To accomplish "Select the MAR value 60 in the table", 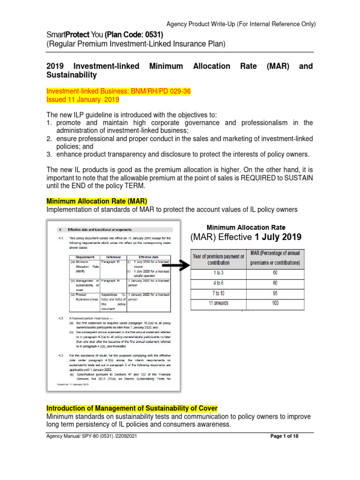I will (275, 272).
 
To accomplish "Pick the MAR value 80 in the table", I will (275, 283).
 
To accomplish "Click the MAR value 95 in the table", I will (275, 293).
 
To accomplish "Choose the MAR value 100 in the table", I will (275, 303).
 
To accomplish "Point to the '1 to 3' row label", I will (219, 272).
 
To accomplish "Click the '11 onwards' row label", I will (219, 303).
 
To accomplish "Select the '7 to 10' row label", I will (219, 293).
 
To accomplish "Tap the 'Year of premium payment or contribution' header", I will (219, 259).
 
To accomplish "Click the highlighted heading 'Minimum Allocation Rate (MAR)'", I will (97, 201).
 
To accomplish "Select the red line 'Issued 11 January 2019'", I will (83, 100).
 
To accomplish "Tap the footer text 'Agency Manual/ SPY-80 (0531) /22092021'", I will (92, 436).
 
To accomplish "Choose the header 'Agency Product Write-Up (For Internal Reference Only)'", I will (241, 24).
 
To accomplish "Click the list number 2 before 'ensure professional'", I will (48, 139).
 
